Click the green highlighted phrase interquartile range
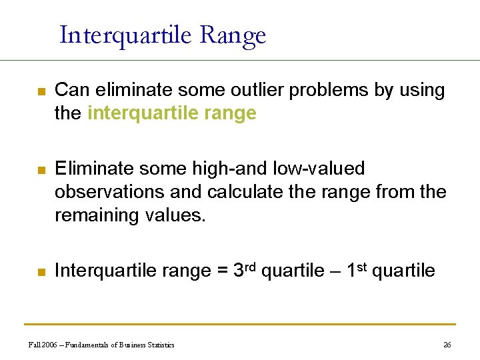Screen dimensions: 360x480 point(171,113)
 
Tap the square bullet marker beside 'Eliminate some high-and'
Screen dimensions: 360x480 point(40,171)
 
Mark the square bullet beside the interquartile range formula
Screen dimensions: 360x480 point(40,272)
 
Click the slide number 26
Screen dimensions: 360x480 point(447,345)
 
